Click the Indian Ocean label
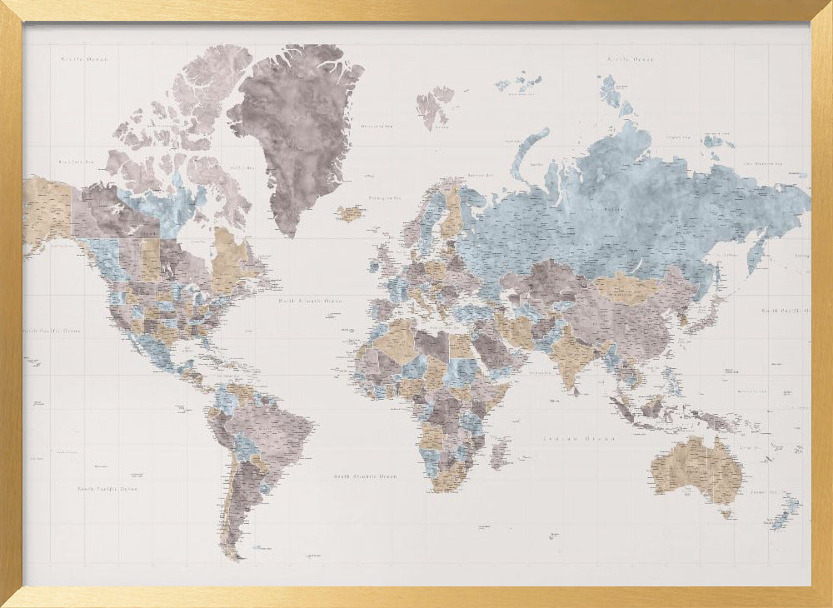(579, 438)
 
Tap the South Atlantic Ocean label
(365, 476)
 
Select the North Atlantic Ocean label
(311, 301)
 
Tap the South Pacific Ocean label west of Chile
(107, 489)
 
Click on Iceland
(350, 214)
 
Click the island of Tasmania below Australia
(726, 514)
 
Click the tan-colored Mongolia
(629, 287)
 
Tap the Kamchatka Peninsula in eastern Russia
(757, 251)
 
